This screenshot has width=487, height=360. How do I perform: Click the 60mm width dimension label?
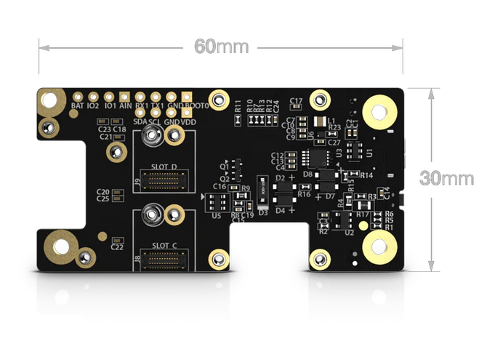point(222,47)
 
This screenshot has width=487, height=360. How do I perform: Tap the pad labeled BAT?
point(78,96)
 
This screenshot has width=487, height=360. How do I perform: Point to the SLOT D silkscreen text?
point(164,167)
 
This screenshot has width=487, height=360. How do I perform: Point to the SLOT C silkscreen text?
point(164,245)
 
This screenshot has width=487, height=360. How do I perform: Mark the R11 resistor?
point(238,106)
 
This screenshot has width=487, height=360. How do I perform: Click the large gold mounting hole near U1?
point(379,112)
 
